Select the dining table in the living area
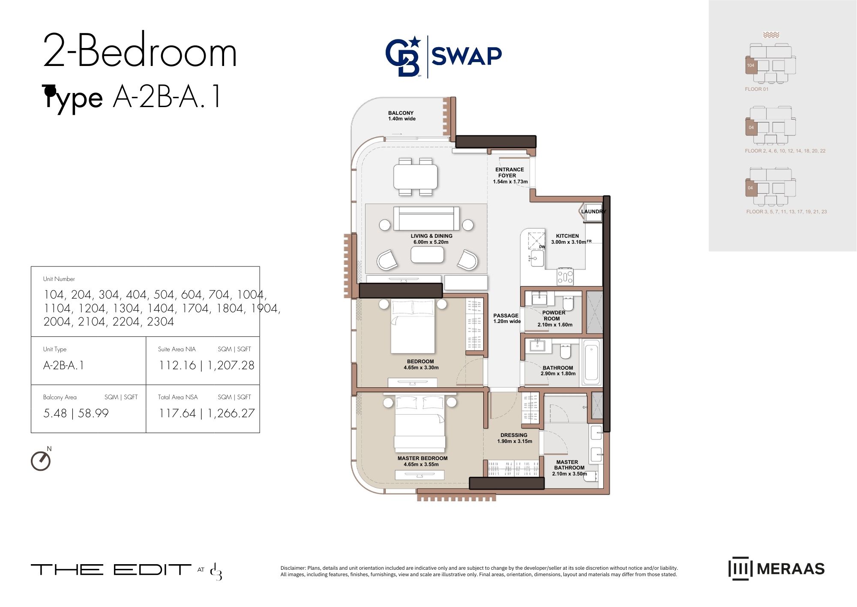(x=416, y=176)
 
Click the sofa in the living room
(x=426, y=218)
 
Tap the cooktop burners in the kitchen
(x=565, y=277)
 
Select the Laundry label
(x=593, y=212)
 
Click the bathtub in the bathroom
(x=591, y=361)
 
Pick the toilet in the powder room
(x=568, y=304)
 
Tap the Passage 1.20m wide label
(x=506, y=318)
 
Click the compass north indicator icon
(x=41, y=460)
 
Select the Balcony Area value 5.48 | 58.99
(x=76, y=413)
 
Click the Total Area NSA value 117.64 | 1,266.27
(x=207, y=413)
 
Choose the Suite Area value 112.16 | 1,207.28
(x=207, y=365)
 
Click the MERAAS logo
(x=776, y=569)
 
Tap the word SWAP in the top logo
(x=467, y=56)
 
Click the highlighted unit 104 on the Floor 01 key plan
(x=752, y=66)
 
